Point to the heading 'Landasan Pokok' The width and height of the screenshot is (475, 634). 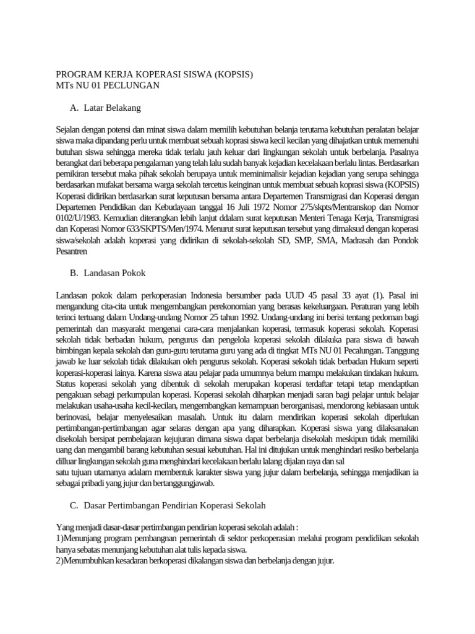[114, 272]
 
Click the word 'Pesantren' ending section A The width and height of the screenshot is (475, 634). [71, 251]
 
